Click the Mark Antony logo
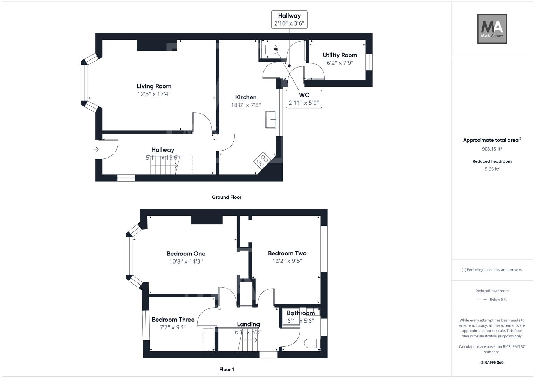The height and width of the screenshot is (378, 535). click(492, 29)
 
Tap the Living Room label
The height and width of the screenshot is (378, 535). click(154, 86)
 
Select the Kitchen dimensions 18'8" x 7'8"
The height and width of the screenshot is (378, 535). click(246, 105)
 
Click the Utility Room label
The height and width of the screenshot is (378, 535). click(340, 55)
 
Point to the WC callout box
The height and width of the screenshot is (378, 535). click(304, 99)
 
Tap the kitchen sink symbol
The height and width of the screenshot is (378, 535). click(270, 119)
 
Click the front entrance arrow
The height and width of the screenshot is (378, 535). click(96, 149)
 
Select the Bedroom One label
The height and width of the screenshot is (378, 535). click(186, 254)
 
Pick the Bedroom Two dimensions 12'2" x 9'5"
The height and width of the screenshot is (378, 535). click(287, 261)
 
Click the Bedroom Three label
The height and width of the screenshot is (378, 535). click(173, 320)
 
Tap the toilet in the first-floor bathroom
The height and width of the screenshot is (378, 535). click(312, 343)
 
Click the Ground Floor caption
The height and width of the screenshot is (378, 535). click(226, 197)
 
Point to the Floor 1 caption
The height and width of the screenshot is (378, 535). click(226, 370)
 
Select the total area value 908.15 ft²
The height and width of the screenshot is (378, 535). click(492, 149)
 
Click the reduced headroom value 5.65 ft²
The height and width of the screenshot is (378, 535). click(492, 169)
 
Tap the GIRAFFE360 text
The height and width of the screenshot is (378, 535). click(492, 363)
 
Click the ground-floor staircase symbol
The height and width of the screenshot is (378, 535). click(164, 166)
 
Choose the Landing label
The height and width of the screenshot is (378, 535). click(248, 324)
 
